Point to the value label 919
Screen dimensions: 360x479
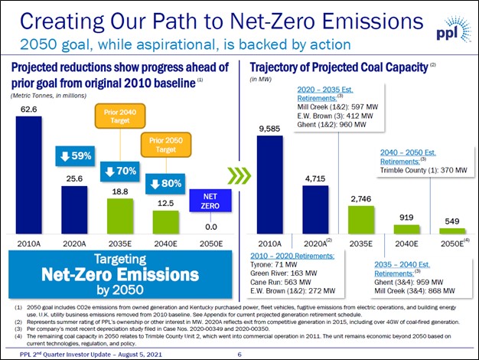pyautogui.click(x=406, y=218)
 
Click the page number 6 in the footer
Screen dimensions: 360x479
pyautogui.click(x=239, y=354)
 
